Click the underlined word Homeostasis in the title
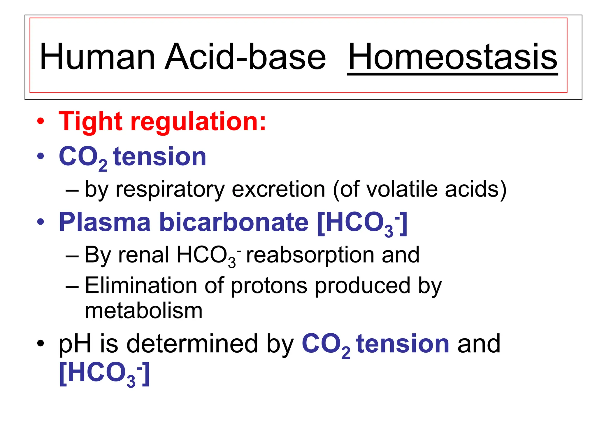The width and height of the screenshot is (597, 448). coord(452,57)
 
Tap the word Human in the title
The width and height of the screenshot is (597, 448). coord(97,57)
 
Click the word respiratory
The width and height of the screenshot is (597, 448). coord(170,190)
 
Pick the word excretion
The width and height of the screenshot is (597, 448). coord(278,189)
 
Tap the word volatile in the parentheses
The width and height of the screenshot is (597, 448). coord(402,189)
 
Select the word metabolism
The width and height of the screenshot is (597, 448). coord(143,311)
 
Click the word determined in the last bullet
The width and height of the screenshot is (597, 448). coord(192,344)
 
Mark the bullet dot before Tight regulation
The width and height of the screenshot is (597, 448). coord(41,121)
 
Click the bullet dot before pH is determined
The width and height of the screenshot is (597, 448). coord(41,344)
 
